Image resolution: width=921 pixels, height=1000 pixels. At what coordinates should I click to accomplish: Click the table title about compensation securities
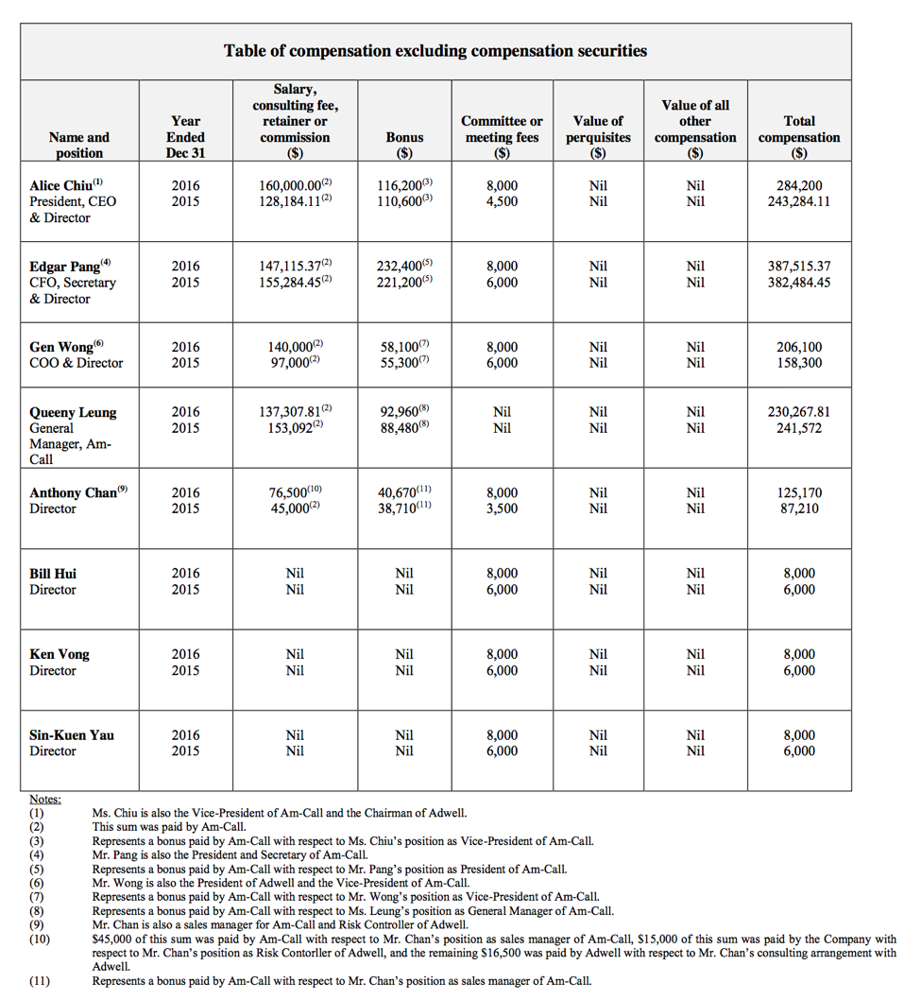(x=435, y=51)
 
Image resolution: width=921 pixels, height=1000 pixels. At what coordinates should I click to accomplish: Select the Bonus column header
(x=404, y=145)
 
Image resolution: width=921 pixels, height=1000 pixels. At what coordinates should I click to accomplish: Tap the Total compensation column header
(x=799, y=137)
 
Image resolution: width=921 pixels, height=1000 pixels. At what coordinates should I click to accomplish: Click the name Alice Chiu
(x=62, y=186)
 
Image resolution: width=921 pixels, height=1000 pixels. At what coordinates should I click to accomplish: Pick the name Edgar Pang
(x=65, y=267)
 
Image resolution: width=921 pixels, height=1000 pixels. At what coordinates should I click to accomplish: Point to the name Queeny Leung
(x=73, y=412)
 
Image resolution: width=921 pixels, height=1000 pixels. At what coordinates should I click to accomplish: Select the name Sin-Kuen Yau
(x=72, y=735)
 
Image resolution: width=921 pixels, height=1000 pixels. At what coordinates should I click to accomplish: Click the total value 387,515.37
(x=799, y=267)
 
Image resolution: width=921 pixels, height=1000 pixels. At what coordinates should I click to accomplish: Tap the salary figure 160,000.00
(x=291, y=186)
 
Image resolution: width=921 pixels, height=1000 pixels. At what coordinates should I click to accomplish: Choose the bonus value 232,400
(x=401, y=267)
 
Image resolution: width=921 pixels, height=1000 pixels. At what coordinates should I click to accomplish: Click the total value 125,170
(x=799, y=492)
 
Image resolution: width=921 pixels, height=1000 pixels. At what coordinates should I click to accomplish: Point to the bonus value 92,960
(x=401, y=412)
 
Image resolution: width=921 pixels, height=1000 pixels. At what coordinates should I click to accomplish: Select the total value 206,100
(x=799, y=347)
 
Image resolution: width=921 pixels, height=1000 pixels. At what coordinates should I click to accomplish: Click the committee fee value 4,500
(x=502, y=201)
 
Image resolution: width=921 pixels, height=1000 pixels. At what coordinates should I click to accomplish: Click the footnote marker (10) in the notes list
(x=39, y=940)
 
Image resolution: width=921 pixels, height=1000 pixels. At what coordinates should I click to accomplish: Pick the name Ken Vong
(x=60, y=654)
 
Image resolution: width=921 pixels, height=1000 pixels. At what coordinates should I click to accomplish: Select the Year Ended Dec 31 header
(x=185, y=137)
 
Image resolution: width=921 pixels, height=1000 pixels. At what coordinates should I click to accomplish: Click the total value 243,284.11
(x=799, y=201)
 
